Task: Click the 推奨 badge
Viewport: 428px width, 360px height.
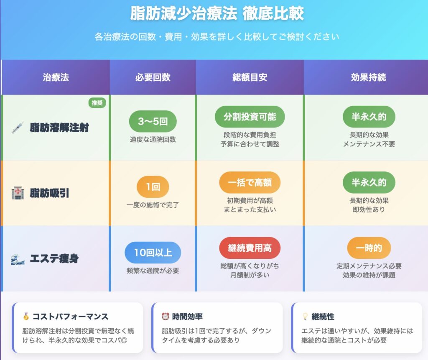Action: pyautogui.click(x=97, y=103)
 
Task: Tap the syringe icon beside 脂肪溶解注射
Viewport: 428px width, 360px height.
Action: pyautogui.click(x=18, y=128)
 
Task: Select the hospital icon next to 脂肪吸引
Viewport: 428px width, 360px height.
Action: pyautogui.click(x=18, y=193)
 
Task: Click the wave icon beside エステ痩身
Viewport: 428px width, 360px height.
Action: pyautogui.click(x=18, y=259)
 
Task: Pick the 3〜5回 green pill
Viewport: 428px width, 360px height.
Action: pyautogui.click(x=153, y=121)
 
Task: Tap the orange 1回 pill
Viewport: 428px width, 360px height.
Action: pyautogui.click(x=153, y=187)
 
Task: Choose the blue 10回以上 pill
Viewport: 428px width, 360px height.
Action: pyautogui.click(x=153, y=253)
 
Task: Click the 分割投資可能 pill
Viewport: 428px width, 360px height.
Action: pyautogui.click(x=250, y=117)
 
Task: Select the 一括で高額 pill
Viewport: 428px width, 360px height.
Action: pyautogui.click(x=250, y=182)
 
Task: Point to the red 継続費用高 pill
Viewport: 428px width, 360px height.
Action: pyautogui.click(x=250, y=248)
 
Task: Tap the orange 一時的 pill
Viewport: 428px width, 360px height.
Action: pyautogui.click(x=369, y=248)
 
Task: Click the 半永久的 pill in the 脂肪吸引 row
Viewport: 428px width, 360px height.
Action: pyautogui.click(x=369, y=182)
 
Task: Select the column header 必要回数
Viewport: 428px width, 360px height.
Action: pyautogui.click(x=153, y=77)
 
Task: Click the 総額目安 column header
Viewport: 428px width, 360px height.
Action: pyautogui.click(x=250, y=77)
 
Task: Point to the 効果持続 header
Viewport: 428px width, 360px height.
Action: pyautogui.click(x=369, y=77)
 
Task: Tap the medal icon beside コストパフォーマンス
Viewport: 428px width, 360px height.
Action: pyautogui.click(x=26, y=317)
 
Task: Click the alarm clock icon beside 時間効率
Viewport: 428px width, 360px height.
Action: pyautogui.click(x=166, y=316)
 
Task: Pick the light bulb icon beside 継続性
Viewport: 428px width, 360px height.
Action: pyautogui.click(x=305, y=317)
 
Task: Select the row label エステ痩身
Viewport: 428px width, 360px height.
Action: pyautogui.click(x=54, y=258)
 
